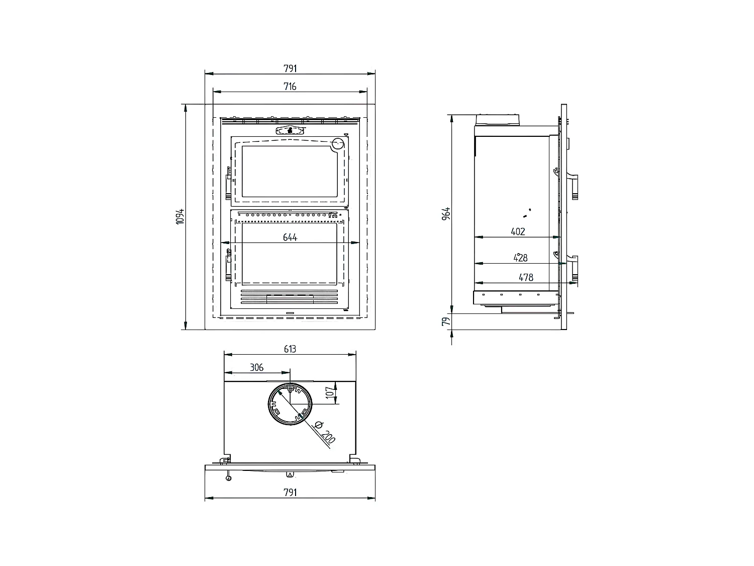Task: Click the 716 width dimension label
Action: click(x=290, y=87)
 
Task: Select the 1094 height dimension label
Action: click(x=180, y=217)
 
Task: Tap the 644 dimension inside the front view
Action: click(x=290, y=237)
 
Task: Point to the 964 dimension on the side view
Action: click(x=446, y=213)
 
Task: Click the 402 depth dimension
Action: click(x=518, y=231)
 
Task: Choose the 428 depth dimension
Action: click(x=521, y=258)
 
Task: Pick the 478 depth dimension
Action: click(x=526, y=277)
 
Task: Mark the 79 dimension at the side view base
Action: click(x=446, y=321)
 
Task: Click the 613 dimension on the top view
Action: click(x=290, y=349)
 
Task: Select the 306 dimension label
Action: click(x=256, y=367)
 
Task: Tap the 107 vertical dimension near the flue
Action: click(x=330, y=393)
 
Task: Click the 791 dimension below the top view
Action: click(x=290, y=492)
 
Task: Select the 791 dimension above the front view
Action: click(x=290, y=68)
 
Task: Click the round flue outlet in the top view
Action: click(x=290, y=406)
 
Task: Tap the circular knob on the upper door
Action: click(x=338, y=144)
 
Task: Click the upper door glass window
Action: click(x=289, y=171)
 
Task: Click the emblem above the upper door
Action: click(x=290, y=130)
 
